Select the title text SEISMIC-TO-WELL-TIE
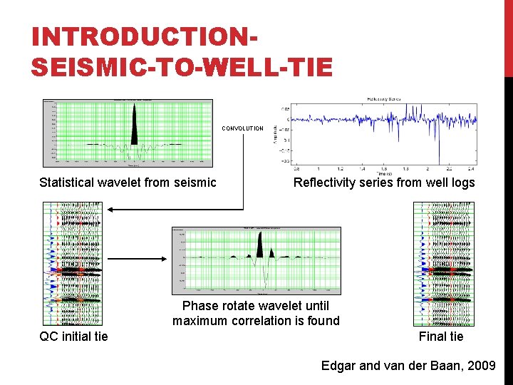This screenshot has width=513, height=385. coord(182,66)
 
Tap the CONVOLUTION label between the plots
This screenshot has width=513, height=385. coord(242,128)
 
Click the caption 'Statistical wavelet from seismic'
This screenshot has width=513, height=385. coord(128,183)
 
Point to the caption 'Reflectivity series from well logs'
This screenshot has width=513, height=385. coord(384,183)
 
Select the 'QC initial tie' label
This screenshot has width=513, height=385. coord(74,336)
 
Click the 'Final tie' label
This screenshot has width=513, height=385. coord(441,336)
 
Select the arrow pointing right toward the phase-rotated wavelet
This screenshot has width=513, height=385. coord(160,260)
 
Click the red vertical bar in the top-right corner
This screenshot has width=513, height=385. coord(508,36)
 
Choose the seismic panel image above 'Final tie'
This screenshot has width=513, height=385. coord(444,264)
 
